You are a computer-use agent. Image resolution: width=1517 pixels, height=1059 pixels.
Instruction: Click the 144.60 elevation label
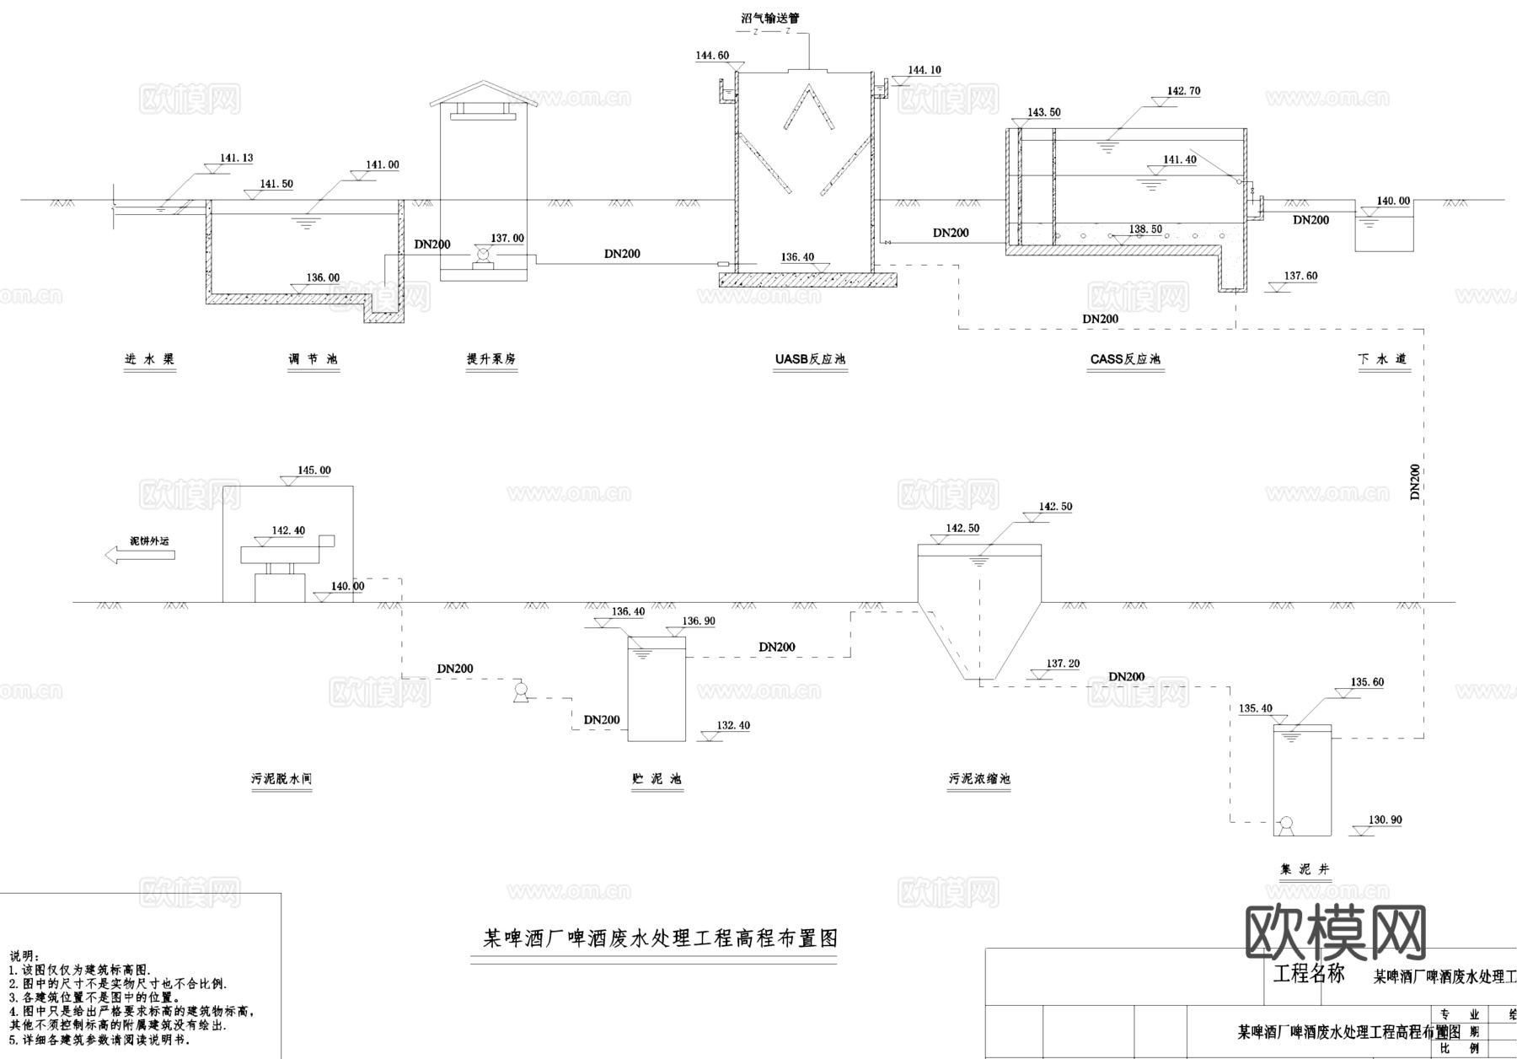tap(712, 56)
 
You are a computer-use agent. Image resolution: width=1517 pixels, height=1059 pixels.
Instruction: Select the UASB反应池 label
tap(810, 359)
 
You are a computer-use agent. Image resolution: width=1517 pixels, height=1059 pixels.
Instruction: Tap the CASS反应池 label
tap(1125, 359)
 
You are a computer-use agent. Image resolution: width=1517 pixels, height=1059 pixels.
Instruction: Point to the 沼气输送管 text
tap(764, 17)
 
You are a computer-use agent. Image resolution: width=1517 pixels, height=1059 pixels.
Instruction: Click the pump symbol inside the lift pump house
tap(484, 254)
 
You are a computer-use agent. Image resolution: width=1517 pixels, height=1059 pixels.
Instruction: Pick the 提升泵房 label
tap(491, 359)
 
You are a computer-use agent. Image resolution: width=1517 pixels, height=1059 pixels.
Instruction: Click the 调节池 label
tap(313, 359)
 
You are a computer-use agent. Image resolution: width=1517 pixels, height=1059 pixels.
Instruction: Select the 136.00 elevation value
tap(323, 277)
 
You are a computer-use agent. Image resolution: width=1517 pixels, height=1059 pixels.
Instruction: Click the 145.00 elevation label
tap(314, 470)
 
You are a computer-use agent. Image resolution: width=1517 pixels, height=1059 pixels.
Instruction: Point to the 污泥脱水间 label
tap(281, 779)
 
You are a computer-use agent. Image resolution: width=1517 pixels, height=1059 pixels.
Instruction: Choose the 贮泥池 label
tap(657, 779)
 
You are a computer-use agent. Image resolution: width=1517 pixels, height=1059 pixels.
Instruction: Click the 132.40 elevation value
tap(733, 725)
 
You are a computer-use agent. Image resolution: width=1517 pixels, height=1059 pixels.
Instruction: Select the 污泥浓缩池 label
tap(979, 779)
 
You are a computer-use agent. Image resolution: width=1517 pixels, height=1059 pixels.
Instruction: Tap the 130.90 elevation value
tap(1386, 820)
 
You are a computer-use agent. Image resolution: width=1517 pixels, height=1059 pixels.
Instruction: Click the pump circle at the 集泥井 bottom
tap(1286, 824)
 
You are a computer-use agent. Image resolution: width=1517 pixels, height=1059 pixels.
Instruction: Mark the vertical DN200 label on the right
tap(1415, 482)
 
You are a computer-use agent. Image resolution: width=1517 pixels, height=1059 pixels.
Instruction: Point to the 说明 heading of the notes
tap(24, 956)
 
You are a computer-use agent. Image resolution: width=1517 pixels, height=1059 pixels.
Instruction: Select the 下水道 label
tap(1382, 359)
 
